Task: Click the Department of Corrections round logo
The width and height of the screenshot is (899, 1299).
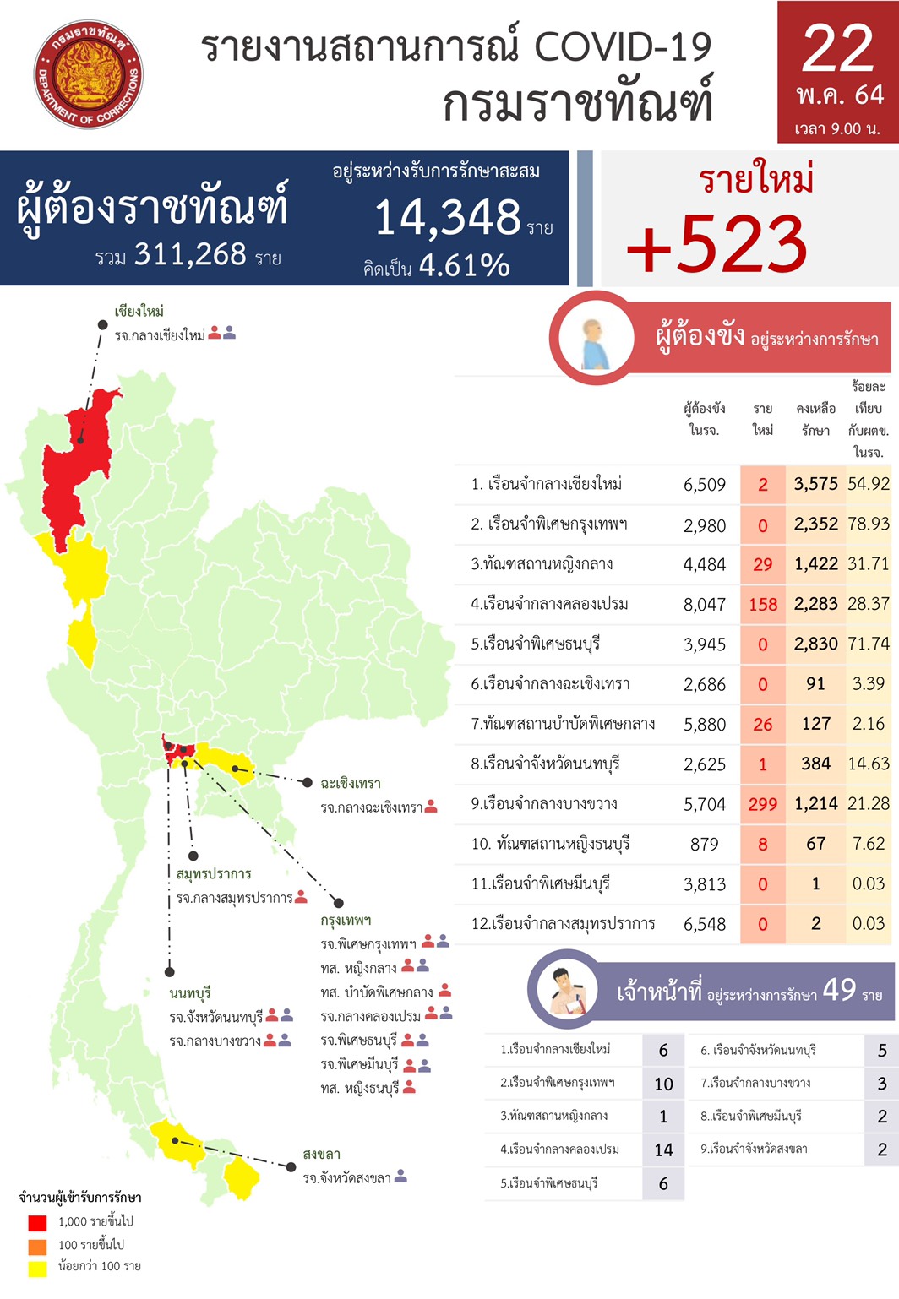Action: tap(88, 75)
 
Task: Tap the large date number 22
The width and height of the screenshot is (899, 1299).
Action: tap(837, 49)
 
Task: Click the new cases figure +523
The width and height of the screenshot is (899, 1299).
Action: tap(717, 244)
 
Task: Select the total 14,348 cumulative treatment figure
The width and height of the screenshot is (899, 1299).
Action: tap(448, 218)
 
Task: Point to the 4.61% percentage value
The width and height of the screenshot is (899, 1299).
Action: tap(464, 266)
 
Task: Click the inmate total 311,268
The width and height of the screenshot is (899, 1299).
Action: tap(190, 254)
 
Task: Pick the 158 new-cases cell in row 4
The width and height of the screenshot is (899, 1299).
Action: tap(763, 604)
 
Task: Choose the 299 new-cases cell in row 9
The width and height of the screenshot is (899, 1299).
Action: tap(763, 804)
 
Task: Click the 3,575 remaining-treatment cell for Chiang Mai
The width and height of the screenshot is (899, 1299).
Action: tap(815, 484)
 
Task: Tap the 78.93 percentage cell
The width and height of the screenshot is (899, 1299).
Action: tap(869, 524)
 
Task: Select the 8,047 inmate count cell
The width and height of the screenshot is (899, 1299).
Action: tap(705, 604)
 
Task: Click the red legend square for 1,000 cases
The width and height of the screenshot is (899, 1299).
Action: tap(37, 1222)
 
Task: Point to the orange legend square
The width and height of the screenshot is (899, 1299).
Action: tap(37, 1246)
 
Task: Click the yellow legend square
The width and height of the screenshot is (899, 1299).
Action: tap(37, 1268)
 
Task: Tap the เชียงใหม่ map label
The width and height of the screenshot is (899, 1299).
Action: tap(139, 312)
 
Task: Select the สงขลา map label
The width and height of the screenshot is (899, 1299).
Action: tap(321, 1154)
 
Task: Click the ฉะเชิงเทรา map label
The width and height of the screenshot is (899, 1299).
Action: tap(351, 783)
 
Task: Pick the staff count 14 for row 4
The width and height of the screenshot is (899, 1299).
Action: tap(663, 1150)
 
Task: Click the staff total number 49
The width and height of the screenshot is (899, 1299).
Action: tap(839, 989)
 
